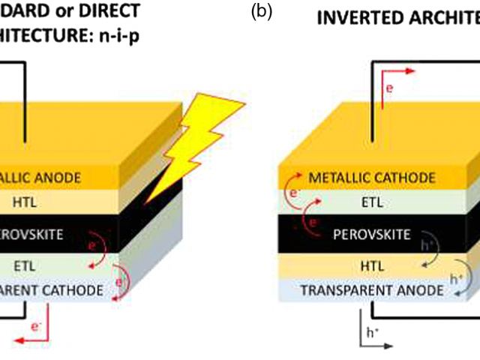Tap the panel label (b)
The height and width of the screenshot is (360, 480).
260,12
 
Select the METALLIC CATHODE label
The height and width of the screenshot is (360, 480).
372,178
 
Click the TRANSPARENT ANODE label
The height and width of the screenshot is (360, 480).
372,289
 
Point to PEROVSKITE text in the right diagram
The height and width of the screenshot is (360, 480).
372,235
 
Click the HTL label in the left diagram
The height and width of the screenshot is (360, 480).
19,202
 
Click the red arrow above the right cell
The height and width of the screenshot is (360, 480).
398,71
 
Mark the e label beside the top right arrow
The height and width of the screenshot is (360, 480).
388,88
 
